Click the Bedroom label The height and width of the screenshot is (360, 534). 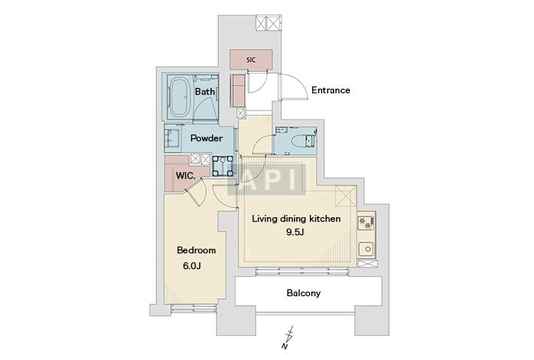click(196, 250)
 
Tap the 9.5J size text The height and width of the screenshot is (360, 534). click(295, 232)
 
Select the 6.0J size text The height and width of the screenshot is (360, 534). click(192, 266)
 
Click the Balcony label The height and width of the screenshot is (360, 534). click(303, 293)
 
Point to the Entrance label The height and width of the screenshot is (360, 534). click(331, 90)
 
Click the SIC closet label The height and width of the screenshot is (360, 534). click(250, 60)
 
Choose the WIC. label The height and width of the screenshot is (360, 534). click(186, 176)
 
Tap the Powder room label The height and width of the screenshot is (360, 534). click(206, 138)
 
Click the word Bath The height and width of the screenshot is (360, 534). click(205, 92)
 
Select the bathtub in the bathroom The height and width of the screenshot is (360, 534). click(181, 97)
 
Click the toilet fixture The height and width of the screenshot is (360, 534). click(308, 141)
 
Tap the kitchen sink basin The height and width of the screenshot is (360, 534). click(368, 250)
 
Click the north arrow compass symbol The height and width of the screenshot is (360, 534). click(289, 338)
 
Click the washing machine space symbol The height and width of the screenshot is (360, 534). click(223, 165)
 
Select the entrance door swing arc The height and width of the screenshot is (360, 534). click(296, 86)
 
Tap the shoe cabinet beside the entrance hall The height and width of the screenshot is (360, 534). click(238, 91)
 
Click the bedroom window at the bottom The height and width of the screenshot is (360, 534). click(194, 308)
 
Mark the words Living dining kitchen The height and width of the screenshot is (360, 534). click(296, 219)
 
